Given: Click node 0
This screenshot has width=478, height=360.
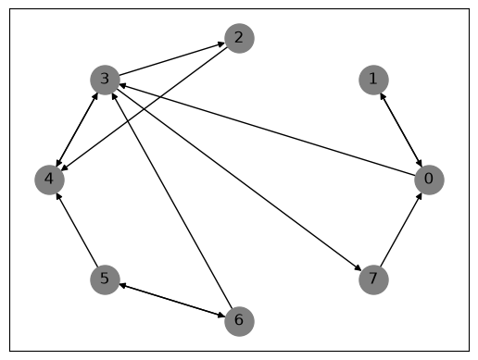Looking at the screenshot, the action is pyautogui.click(x=429, y=180).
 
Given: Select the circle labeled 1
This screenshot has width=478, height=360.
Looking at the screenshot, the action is pyautogui.click(x=373, y=80).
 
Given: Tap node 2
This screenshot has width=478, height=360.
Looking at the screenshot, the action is pyautogui.click(x=239, y=38).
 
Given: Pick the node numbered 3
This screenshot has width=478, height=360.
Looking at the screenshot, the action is pyautogui.click(x=105, y=80).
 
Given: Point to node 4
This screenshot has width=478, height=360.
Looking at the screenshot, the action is pyautogui.click(x=49, y=180).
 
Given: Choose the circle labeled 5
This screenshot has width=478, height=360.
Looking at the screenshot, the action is pyautogui.click(x=105, y=279).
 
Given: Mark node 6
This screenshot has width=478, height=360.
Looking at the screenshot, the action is pyautogui.click(x=239, y=321).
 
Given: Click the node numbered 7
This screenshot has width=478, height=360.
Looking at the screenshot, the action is pyautogui.click(x=373, y=279).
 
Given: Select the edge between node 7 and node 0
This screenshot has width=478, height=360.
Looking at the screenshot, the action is pyautogui.click(x=401, y=230).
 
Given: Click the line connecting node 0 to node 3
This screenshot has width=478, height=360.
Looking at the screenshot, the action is pyautogui.click(x=267, y=130).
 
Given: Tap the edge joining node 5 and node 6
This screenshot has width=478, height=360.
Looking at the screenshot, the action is pyautogui.click(x=172, y=301).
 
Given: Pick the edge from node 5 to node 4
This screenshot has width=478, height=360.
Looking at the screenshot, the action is pyautogui.click(x=77, y=230).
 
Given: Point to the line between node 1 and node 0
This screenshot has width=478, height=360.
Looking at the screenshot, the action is pyautogui.click(x=401, y=130).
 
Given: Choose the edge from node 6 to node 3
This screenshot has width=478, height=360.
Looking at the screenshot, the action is pyautogui.click(x=172, y=201).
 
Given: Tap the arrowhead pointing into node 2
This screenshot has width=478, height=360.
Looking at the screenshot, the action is pyautogui.click(x=221, y=44).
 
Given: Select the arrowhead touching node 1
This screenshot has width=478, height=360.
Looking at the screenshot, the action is pyautogui.click(x=383, y=96).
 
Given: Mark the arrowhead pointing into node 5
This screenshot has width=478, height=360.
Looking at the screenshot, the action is pyautogui.click(x=123, y=285).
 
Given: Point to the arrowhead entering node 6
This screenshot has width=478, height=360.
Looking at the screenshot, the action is pyautogui.click(x=221, y=316).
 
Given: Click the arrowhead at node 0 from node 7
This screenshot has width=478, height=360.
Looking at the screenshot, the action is pyautogui.click(x=420, y=196).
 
